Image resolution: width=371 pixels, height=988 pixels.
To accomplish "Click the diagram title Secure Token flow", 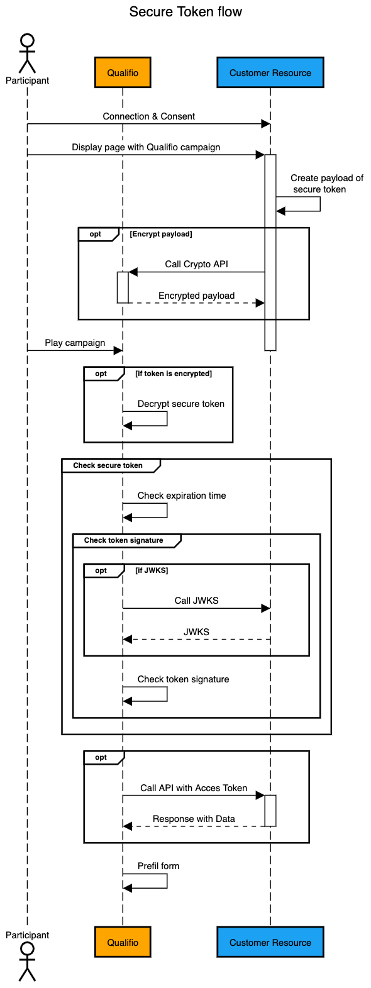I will (x=185, y=12).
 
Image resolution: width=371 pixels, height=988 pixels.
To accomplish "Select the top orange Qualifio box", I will (x=123, y=72).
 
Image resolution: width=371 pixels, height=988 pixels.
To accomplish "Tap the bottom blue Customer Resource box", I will (x=270, y=942).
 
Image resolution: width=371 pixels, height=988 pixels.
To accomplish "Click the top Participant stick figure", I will (x=27, y=54).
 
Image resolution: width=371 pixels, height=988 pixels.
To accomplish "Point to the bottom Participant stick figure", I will (x=27, y=961).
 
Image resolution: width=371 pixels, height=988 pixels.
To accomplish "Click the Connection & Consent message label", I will (x=149, y=116).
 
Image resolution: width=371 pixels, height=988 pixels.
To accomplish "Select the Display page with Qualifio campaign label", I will (x=146, y=147).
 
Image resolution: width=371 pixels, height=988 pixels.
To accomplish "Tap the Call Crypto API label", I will (x=196, y=264).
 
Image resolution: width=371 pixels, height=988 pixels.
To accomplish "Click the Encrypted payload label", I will (x=196, y=296).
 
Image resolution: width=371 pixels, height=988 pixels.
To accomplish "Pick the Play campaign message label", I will (x=75, y=343).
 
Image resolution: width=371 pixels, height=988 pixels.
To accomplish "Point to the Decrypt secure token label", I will (x=181, y=404).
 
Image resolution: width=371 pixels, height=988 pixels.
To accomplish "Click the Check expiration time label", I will (x=182, y=496).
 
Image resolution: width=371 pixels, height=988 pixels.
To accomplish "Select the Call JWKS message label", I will (x=196, y=601).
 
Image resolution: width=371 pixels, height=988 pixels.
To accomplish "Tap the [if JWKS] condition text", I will (x=152, y=570).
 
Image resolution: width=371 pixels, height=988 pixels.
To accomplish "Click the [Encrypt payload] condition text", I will (x=161, y=234).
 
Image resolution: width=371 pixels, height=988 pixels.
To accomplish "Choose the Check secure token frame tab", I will (x=108, y=465).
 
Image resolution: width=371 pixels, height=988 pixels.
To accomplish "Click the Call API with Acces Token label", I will (x=194, y=788).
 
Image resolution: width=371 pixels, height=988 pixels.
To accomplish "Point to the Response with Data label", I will (x=194, y=819).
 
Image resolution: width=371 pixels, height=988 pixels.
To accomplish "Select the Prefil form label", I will (x=158, y=866).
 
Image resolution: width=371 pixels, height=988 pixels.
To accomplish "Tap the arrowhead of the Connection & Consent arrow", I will (x=265, y=125).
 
